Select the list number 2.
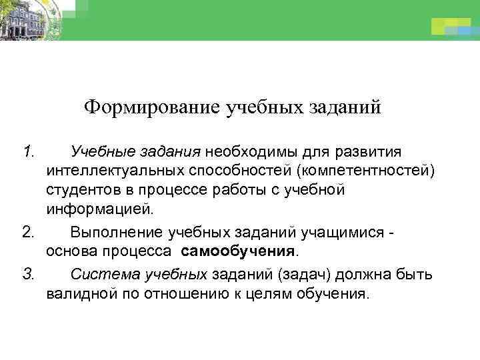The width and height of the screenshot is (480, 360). click(28, 233)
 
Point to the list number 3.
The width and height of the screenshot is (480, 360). click(28, 273)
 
